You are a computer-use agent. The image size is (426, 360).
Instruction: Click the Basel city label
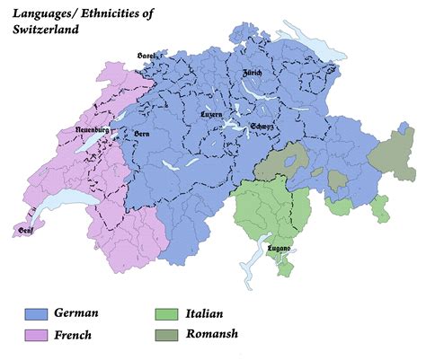pos(146,56)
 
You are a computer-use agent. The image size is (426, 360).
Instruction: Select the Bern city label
pos(141,133)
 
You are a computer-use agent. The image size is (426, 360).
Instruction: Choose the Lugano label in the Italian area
pos(279,249)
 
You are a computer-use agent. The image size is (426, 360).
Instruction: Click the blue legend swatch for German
pos(36,315)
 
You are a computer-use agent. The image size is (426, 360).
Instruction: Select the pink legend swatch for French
pos(36,336)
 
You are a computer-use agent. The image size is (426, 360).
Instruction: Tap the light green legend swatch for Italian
pos(165,315)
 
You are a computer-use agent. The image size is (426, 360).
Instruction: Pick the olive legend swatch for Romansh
pos(165,336)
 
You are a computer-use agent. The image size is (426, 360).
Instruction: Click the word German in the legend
pos(75,314)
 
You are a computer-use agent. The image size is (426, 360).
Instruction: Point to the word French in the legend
pos(73,336)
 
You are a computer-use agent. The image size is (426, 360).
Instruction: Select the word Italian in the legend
pos(204,314)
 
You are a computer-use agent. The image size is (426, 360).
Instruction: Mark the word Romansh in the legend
pos(212,336)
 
